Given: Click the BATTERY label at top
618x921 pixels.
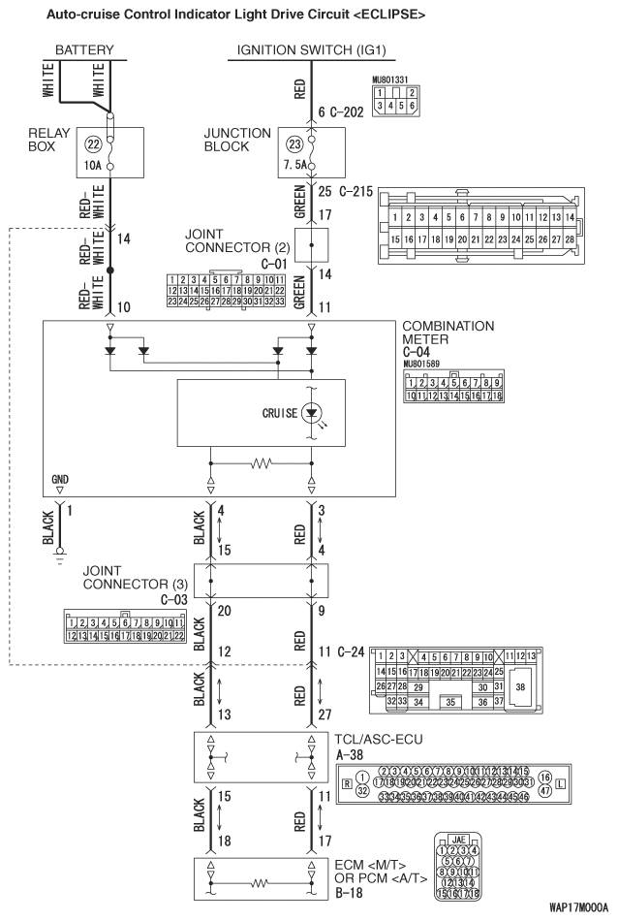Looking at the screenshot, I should [84, 50].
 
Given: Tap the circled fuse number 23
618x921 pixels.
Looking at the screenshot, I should [295, 143].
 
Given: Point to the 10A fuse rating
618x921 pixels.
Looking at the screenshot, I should [93, 166].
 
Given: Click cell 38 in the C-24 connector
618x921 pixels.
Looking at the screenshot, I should [520, 685].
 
